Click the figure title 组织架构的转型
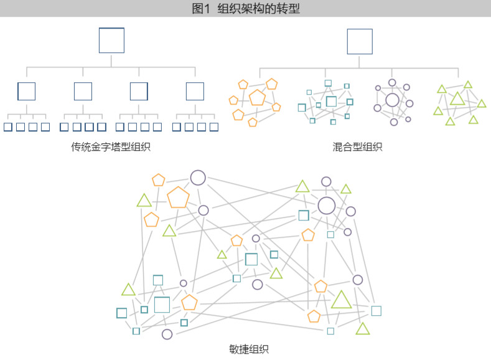[x=259, y=9]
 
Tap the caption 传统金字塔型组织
[x=111, y=146]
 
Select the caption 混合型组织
[x=357, y=146]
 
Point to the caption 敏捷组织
[x=249, y=349]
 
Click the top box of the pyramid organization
[x=100, y=40]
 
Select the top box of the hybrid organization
[x=348, y=41]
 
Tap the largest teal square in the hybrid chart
[x=327, y=101]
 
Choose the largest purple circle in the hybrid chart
[x=386, y=100]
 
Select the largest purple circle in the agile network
[x=319, y=206]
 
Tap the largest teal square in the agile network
[x=155, y=305]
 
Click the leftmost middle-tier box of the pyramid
[x=18, y=91]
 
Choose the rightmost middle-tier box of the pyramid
[x=187, y=91]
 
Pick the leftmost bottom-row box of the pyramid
[x=4, y=127]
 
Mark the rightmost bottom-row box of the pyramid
[x=210, y=127]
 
